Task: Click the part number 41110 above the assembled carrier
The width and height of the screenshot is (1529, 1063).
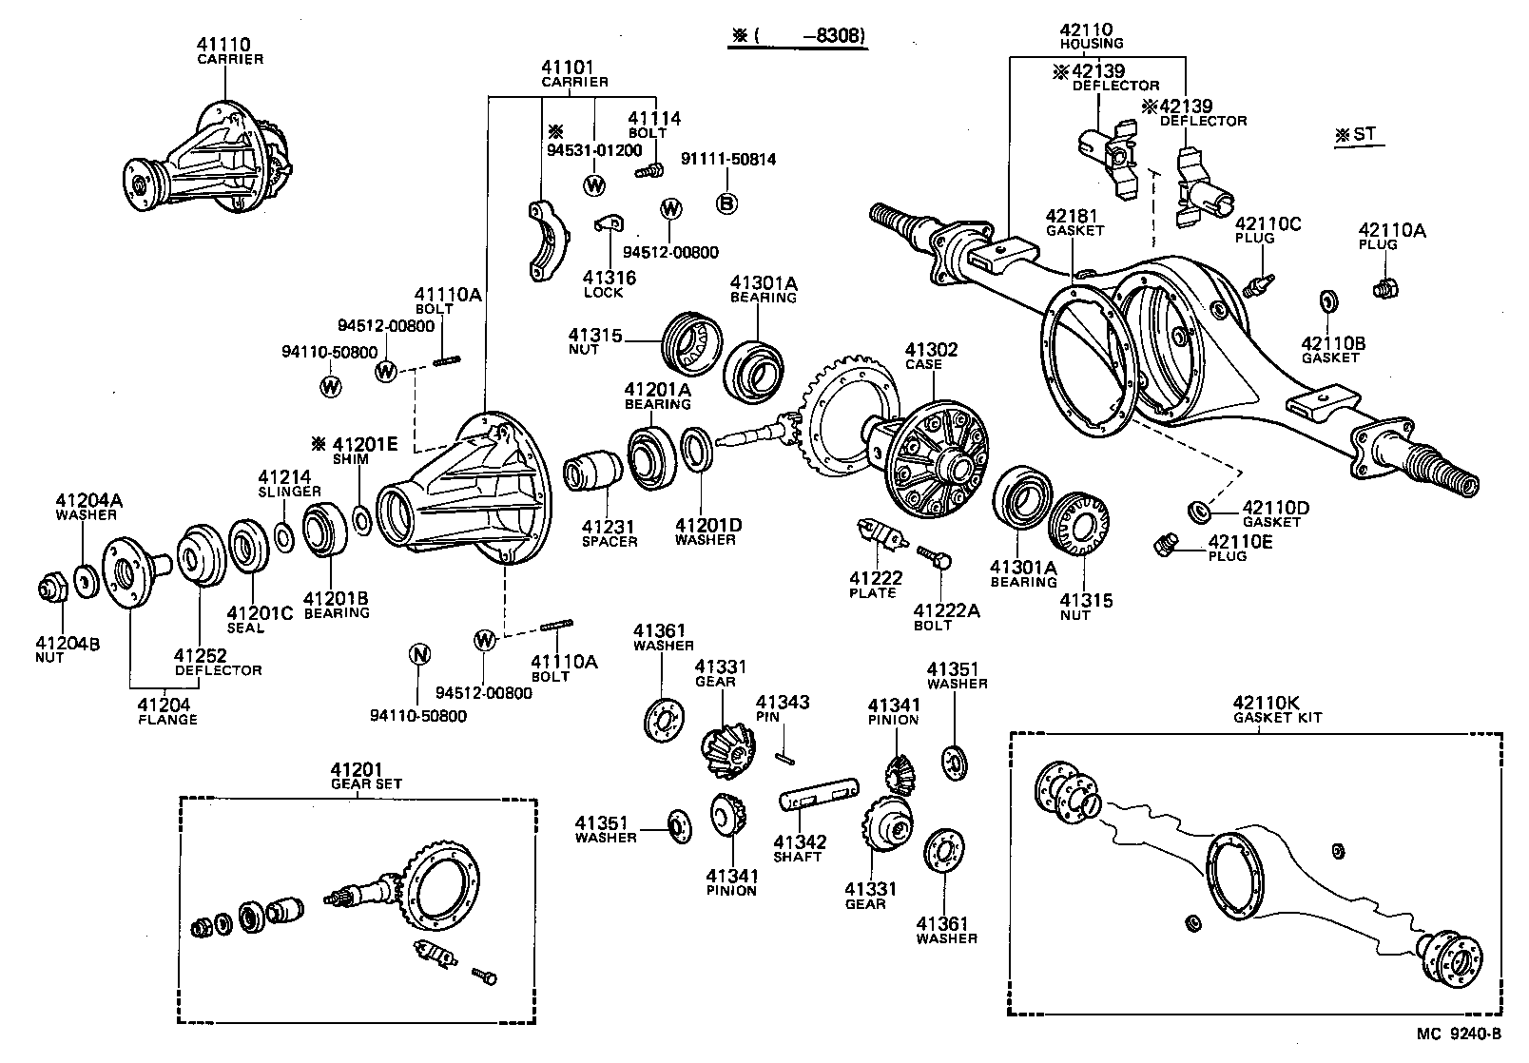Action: click(223, 44)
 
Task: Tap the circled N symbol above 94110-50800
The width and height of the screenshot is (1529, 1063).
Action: click(418, 654)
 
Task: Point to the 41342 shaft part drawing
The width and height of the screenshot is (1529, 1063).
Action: click(818, 796)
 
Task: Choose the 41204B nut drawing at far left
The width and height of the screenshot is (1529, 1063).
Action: click(52, 589)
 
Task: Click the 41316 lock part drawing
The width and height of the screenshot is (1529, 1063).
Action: click(606, 225)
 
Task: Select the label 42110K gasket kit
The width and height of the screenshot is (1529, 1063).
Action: click(1277, 709)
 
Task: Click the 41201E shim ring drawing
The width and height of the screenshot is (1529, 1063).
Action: click(362, 519)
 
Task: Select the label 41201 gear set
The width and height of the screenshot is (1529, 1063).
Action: click(365, 776)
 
